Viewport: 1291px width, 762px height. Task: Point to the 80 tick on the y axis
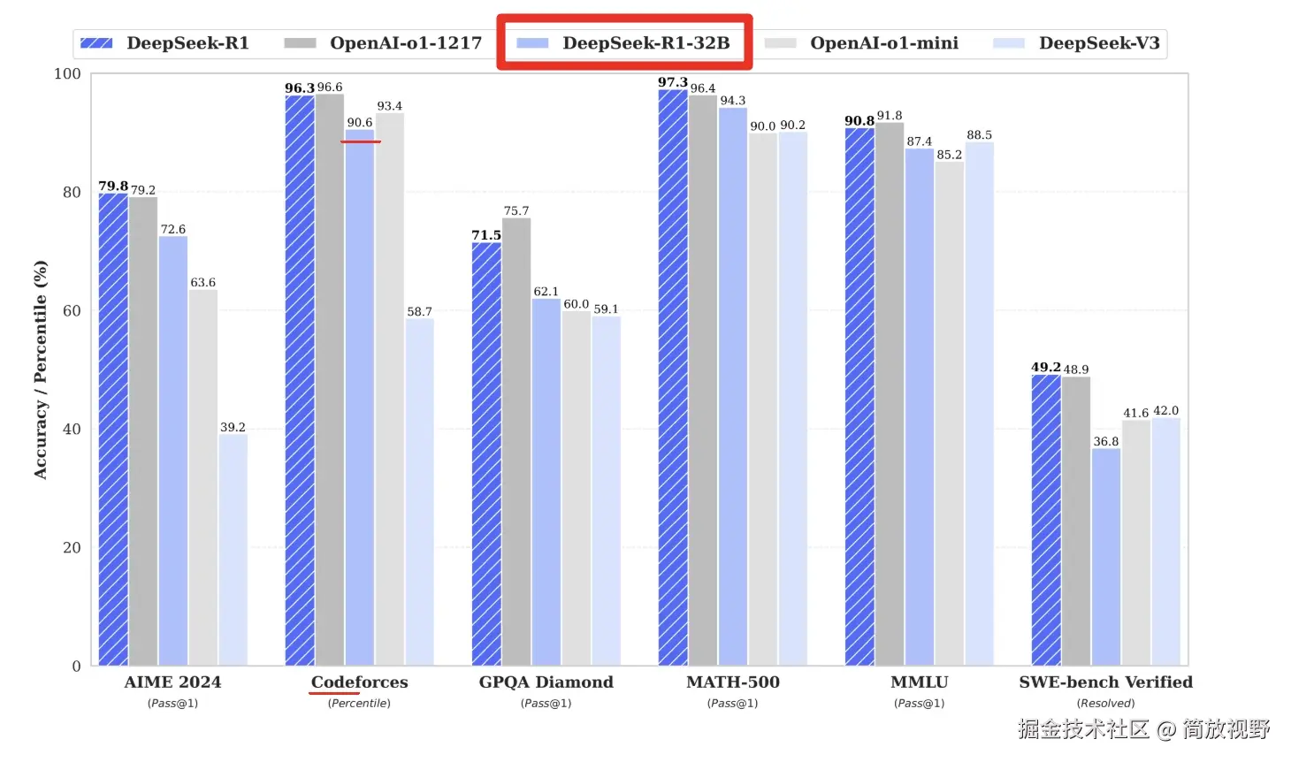[x=72, y=193]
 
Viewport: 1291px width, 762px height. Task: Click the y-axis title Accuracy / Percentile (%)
[x=40, y=370]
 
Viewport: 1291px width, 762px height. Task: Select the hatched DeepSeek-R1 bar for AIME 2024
[x=113, y=429]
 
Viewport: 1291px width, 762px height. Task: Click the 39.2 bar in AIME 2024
[x=233, y=548]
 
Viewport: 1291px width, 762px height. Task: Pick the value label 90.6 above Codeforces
[x=360, y=123]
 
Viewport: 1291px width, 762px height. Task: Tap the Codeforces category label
[x=359, y=682]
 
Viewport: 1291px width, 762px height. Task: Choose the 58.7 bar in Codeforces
[x=419, y=491]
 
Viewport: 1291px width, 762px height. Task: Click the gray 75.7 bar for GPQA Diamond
[x=516, y=442]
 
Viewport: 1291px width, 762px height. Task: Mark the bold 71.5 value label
[x=486, y=235]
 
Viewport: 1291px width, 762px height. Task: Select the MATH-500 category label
[x=733, y=682]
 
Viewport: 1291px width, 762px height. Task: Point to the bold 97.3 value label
[x=673, y=82]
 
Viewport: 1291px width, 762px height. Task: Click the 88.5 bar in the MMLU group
[x=979, y=403]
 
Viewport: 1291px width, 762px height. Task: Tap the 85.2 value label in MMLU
[x=950, y=155]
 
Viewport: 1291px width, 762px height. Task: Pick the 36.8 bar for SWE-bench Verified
[x=1106, y=557]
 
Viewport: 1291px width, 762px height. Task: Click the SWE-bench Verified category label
[x=1105, y=682]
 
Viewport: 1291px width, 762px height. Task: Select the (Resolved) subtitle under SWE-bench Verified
[x=1105, y=704]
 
